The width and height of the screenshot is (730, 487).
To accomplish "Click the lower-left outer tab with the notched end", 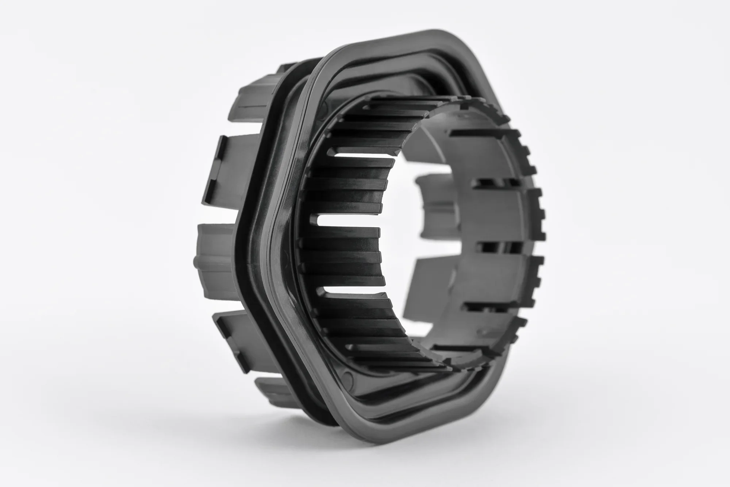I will (x=234, y=328).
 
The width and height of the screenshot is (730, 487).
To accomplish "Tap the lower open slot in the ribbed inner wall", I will (x=350, y=292).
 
